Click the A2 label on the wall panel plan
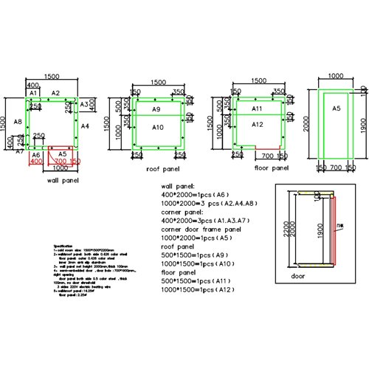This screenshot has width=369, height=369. (x=55, y=94)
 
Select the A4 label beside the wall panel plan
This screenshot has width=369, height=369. (x=85, y=127)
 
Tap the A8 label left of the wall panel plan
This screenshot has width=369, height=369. (x=18, y=121)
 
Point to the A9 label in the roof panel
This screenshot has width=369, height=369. (x=156, y=109)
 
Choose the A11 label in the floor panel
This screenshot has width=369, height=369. (x=258, y=108)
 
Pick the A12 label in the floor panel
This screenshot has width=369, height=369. (x=258, y=124)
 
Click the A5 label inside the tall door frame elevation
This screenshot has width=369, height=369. (x=335, y=108)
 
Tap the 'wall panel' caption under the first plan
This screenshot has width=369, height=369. (x=63, y=179)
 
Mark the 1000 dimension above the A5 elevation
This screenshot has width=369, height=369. (x=336, y=76)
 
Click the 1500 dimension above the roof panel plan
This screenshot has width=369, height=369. (x=158, y=82)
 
